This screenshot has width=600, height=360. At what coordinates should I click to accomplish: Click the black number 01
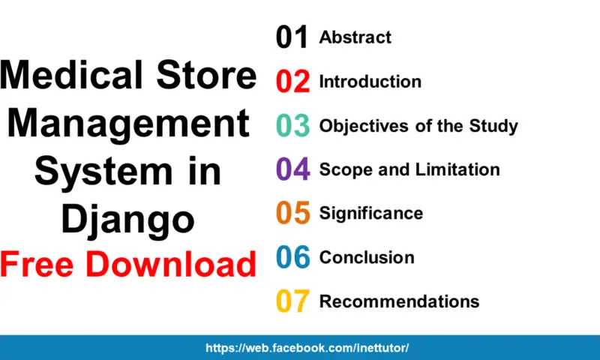click(292, 37)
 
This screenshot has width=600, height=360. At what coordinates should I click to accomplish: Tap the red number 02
click(292, 82)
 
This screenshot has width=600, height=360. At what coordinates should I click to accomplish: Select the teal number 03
click(292, 126)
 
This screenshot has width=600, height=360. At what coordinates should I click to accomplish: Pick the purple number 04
click(292, 169)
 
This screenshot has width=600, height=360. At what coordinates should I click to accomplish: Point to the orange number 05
click(292, 214)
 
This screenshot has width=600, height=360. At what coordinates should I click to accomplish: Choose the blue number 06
click(292, 257)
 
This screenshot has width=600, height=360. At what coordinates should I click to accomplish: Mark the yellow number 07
click(292, 301)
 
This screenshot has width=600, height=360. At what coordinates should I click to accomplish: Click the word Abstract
click(355, 37)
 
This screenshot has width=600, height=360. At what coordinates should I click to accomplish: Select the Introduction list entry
click(370, 82)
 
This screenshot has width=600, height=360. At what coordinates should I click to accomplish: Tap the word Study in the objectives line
click(493, 125)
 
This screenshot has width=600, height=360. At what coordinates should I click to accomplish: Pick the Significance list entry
click(370, 214)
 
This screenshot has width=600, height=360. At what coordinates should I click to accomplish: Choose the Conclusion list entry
click(366, 257)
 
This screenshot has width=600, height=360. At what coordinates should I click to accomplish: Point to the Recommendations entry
click(399, 301)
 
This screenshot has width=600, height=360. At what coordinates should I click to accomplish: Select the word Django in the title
click(127, 220)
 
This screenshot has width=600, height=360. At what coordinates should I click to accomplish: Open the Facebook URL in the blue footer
click(307, 348)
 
